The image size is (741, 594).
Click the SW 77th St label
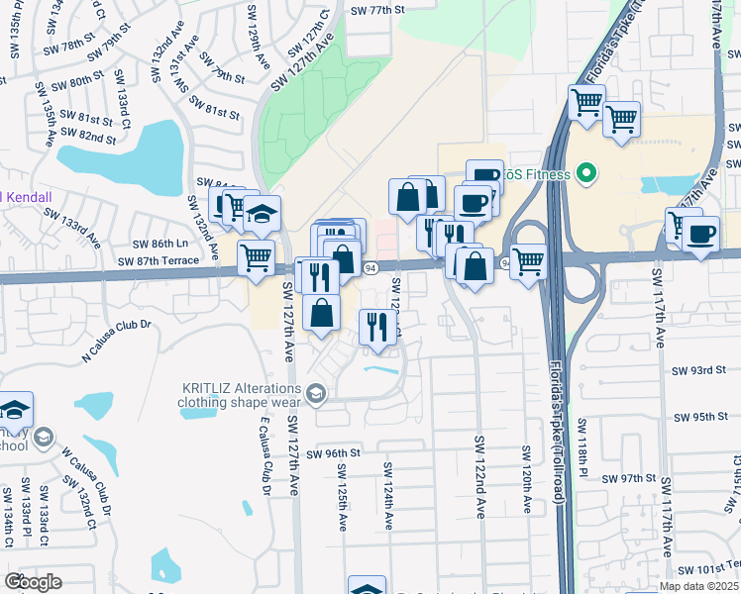tap(378, 10)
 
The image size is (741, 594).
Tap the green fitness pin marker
tap(586, 175)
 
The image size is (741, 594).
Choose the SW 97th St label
tap(618, 478)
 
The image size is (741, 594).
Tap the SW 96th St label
tap(331, 452)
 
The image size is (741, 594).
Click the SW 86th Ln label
tap(160, 244)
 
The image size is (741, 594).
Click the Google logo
tap(33, 581)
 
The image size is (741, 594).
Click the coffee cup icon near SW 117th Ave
tap(701, 234)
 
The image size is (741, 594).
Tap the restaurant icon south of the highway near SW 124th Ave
tap(376, 326)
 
